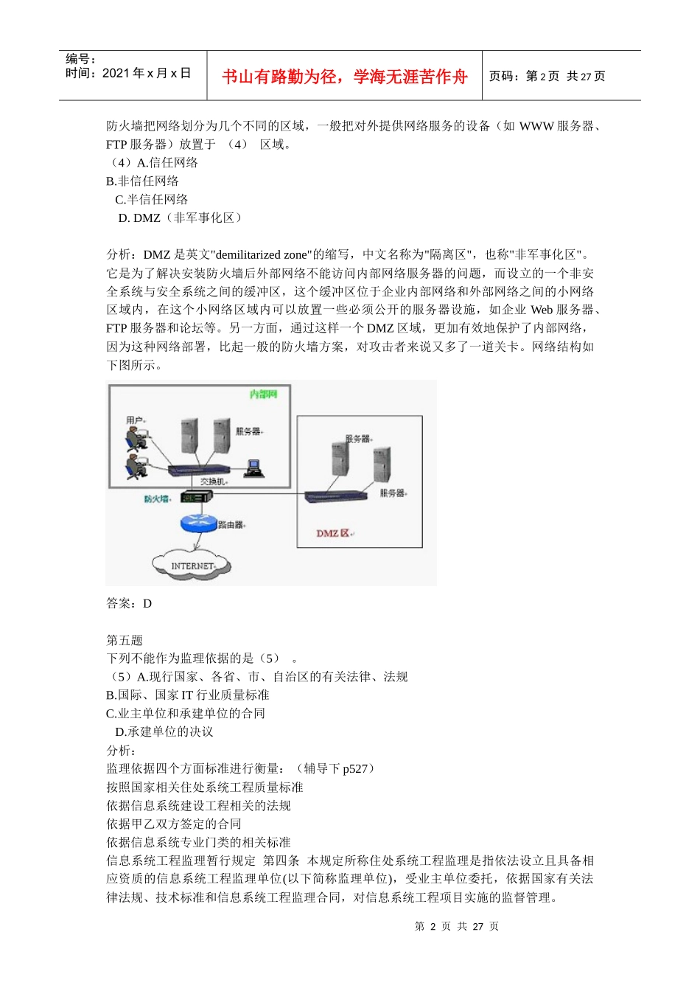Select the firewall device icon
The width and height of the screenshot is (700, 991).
(197, 498)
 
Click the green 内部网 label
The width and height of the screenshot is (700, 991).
(263, 394)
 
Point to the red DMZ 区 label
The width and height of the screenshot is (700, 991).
(334, 533)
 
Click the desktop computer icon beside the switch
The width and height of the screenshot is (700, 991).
(255, 468)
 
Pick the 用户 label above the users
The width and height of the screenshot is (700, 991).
(135, 420)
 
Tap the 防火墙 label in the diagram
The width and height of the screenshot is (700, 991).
(157, 499)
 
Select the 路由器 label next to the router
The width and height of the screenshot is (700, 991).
(231, 525)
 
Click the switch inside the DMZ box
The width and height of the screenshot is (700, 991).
(336, 496)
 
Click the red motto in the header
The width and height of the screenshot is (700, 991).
(344, 77)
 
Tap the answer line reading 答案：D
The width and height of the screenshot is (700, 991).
(129, 603)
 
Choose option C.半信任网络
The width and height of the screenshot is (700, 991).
(151, 199)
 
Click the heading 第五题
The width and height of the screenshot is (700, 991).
(125, 640)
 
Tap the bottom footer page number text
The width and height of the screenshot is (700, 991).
(457, 926)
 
